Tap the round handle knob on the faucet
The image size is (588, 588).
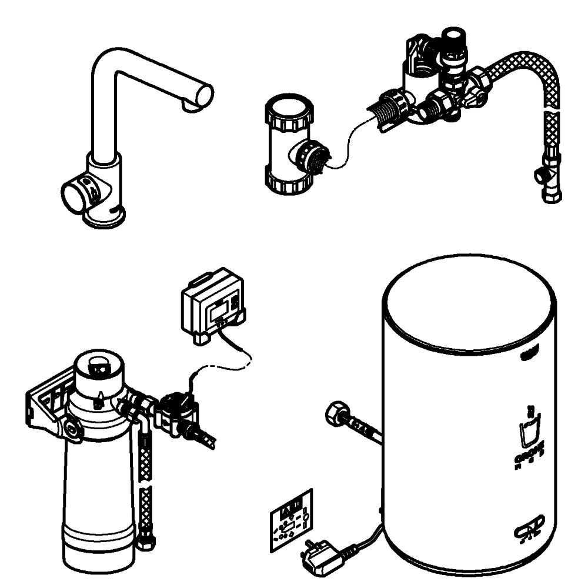tap(74, 195)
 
